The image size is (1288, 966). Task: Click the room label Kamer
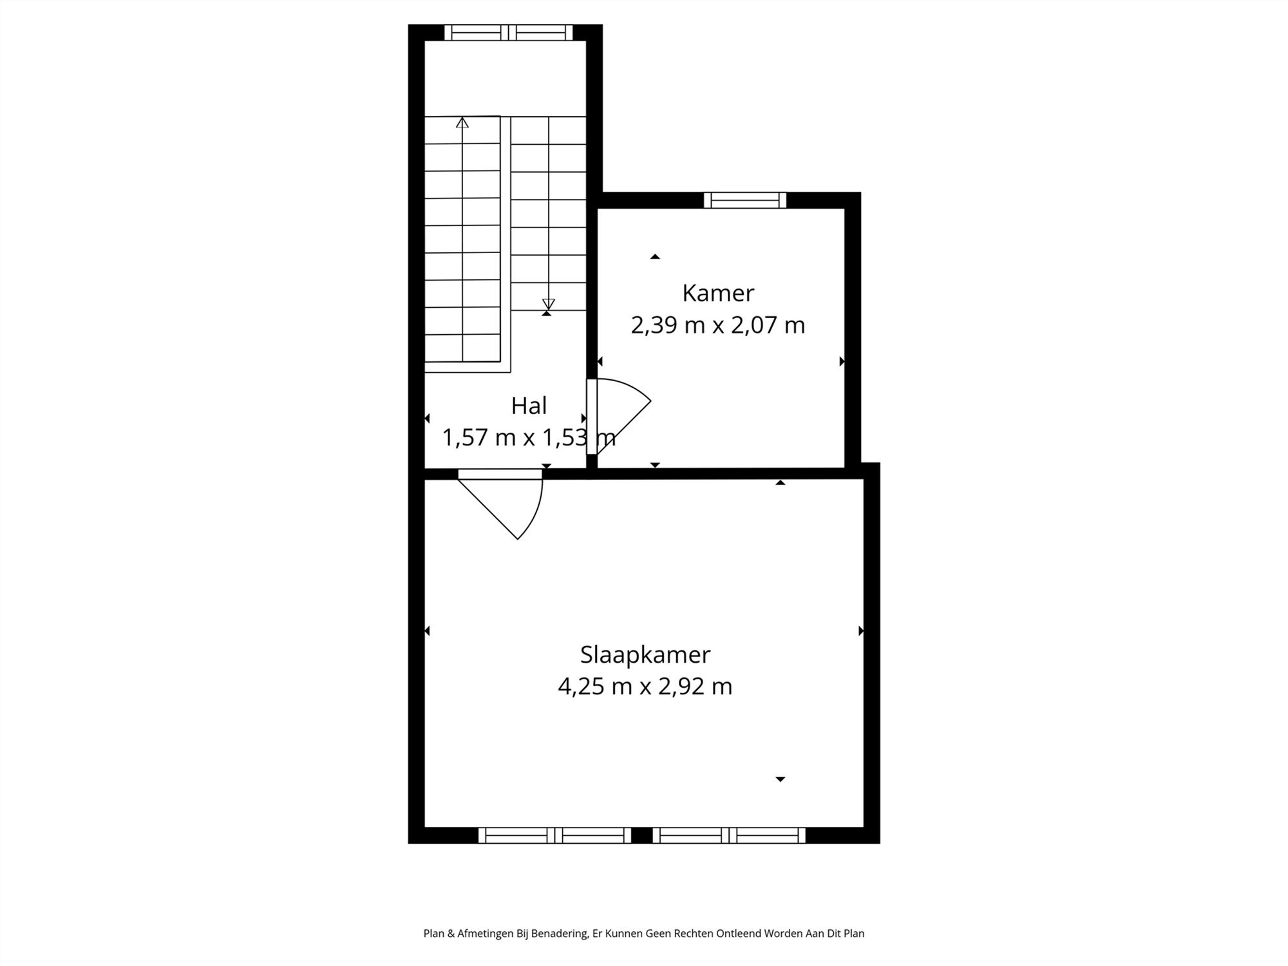(x=718, y=293)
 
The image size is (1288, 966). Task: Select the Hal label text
(x=529, y=406)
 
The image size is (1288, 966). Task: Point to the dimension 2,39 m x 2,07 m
(x=718, y=325)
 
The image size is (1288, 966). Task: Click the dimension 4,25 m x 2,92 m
(x=645, y=687)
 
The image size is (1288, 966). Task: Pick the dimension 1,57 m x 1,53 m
(x=529, y=438)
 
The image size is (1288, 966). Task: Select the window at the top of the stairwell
(x=509, y=32)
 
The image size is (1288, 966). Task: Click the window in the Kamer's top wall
(x=745, y=200)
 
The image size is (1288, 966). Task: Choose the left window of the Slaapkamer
(x=554, y=835)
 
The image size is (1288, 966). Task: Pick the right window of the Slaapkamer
(x=729, y=835)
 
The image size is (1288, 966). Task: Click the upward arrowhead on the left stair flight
(x=462, y=122)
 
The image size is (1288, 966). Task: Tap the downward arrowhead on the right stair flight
(x=549, y=304)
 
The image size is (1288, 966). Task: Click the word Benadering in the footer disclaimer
(x=560, y=934)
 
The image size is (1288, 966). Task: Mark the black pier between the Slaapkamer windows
(x=642, y=835)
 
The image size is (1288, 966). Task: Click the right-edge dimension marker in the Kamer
(x=842, y=362)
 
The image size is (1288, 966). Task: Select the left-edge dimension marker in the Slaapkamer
(x=427, y=631)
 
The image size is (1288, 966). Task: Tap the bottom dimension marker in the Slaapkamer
(x=781, y=779)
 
